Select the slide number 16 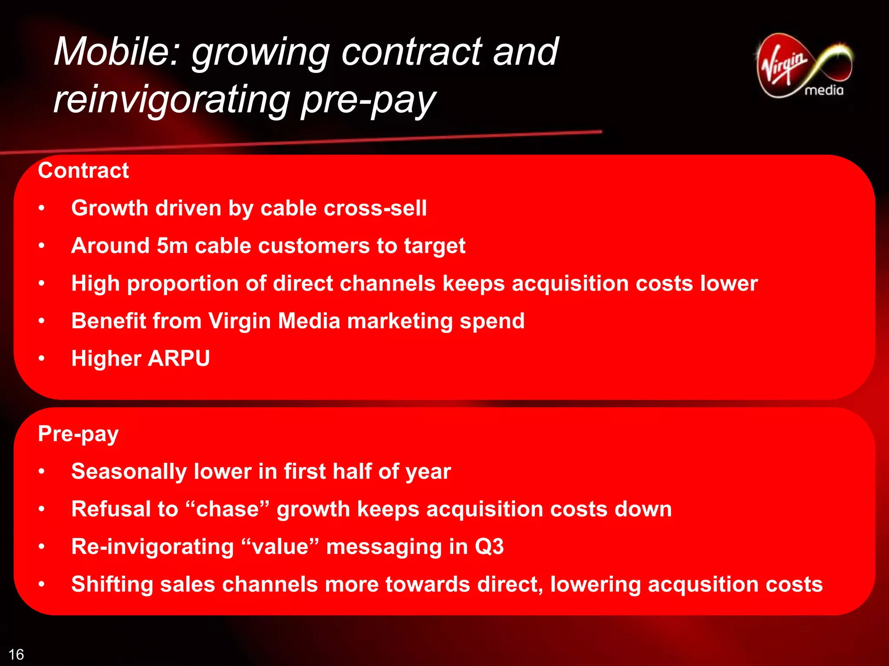coord(16,654)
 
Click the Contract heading coord(83,170)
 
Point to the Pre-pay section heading coord(78,434)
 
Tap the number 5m coord(172,246)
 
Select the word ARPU coord(179,359)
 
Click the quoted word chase coord(227,509)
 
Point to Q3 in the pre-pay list coord(489,547)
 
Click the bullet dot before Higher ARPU coord(42,359)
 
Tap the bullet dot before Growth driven coord(42,208)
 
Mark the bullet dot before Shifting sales coord(42,584)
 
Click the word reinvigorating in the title coord(171,100)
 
